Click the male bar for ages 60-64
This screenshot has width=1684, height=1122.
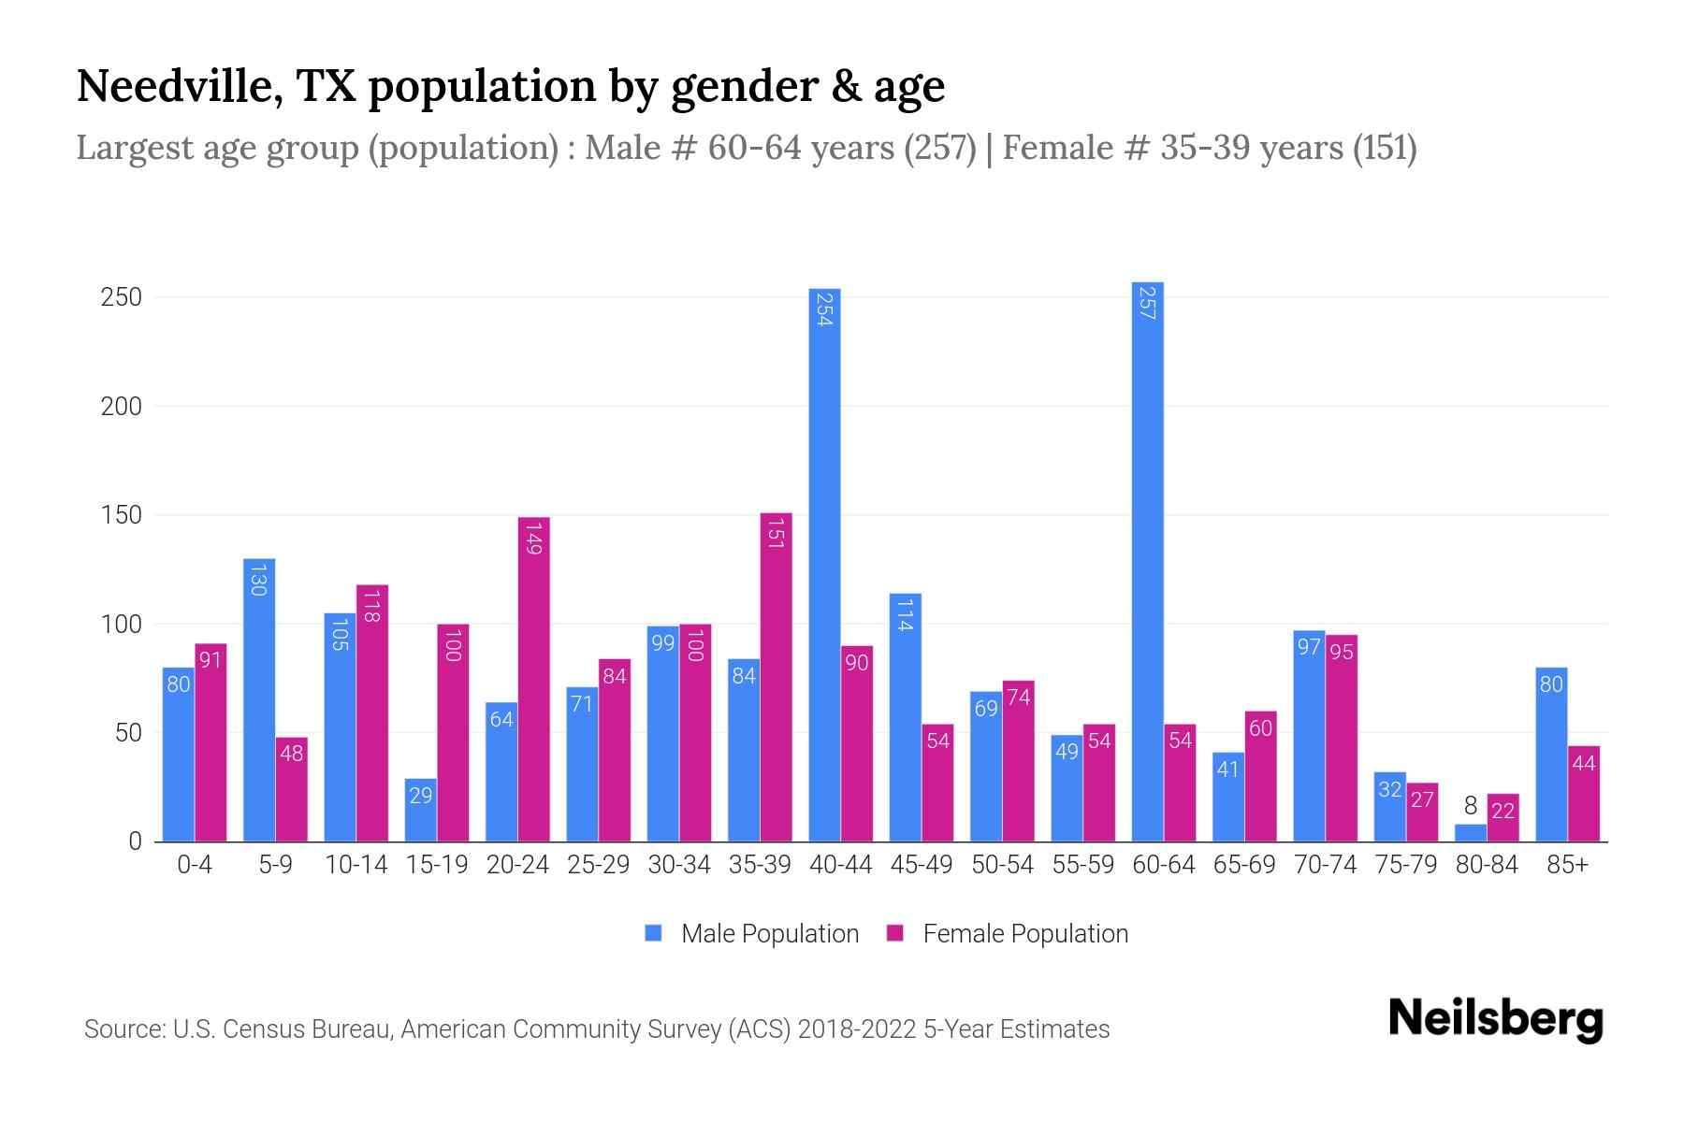(x=1147, y=561)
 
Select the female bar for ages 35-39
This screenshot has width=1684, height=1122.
(x=776, y=677)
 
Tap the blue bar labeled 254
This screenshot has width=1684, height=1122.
(x=824, y=565)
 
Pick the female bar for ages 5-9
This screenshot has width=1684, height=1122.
(x=292, y=789)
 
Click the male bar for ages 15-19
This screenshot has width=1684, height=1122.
(x=420, y=810)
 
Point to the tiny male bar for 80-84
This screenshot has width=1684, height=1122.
(x=1471, y=832)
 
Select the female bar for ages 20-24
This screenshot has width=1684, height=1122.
(x=533, y=679)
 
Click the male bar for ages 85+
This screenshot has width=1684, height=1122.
(x=1551, y=754)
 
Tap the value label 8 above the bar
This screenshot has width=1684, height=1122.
(x=1471, y=806)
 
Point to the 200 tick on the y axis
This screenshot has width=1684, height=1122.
(x=121, y=407)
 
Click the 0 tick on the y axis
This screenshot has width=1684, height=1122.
(x=135, y=841)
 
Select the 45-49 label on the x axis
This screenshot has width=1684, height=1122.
(x=922, y=865)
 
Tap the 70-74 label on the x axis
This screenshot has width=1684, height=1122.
(x=1325, y=865)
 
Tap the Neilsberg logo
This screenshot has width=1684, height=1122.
(x=1495, y=1019)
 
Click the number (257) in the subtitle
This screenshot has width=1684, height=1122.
(x=940, y=148)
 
